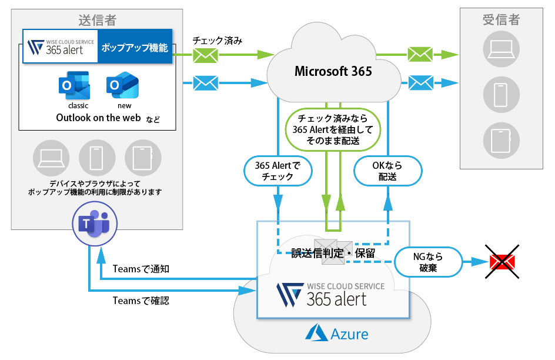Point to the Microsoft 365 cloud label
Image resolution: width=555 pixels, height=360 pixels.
(333, 71)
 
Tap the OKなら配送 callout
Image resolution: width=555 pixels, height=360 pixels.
(387, 171)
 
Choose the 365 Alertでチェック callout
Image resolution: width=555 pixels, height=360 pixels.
(277, 171)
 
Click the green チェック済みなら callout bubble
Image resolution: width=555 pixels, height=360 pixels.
(333, 129)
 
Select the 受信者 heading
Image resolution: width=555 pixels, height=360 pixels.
(501, 20)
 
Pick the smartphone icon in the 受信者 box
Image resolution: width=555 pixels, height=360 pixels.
(501, 94)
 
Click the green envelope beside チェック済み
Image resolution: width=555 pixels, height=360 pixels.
(206, 56)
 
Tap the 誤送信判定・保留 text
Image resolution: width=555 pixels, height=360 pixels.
(333, 253)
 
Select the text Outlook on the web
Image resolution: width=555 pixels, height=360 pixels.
(98, 118)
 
